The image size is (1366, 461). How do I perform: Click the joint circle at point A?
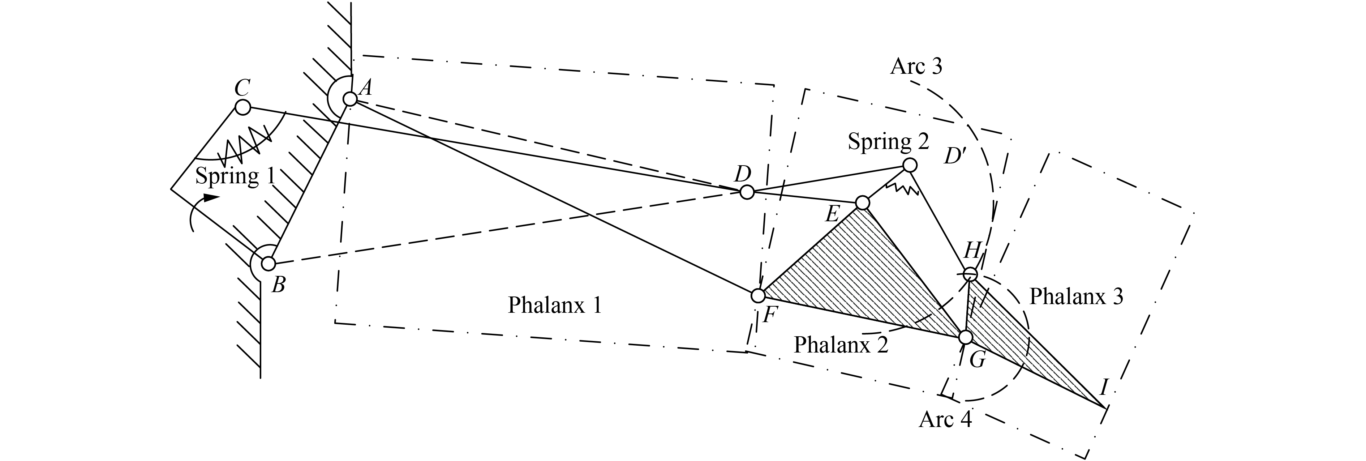[350, 99]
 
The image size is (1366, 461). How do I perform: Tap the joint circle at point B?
[268, 264]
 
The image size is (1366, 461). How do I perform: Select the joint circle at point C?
[242, 107]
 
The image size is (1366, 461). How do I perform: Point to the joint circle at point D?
[747, 192]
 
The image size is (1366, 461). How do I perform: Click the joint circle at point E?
[862, 202]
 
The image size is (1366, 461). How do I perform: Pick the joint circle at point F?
[758, 295]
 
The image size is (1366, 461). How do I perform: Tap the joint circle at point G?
[966, 337]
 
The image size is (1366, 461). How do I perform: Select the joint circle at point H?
[970, 274]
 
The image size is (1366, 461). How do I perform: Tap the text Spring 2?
[888, 142]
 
